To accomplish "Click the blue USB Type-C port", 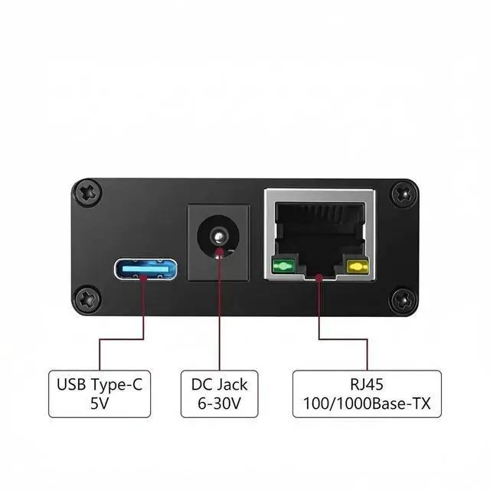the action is (x=146, y=269).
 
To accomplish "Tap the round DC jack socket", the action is (x=220, y=236).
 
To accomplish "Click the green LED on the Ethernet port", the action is (x=283, y=267).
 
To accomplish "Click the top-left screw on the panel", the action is (x=89, y=191).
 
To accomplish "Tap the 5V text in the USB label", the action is (x=100, y=403).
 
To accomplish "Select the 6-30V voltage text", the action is (x=219, y=403).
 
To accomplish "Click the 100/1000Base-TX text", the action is (x=367, y=403).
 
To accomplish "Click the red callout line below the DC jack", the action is (x=220, y=322).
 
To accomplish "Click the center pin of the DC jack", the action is (x=220, y=235).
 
